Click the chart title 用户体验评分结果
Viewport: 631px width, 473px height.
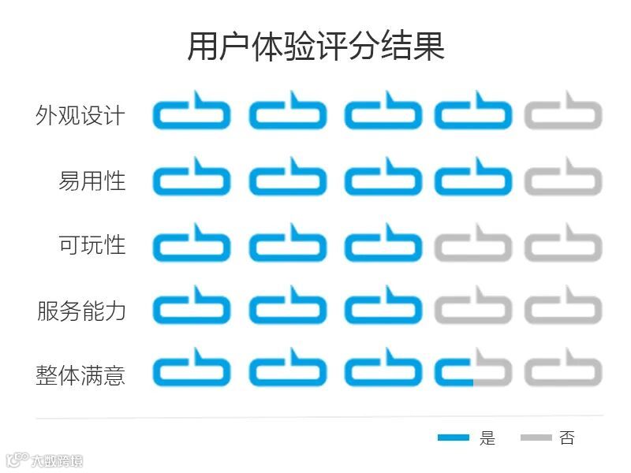315,47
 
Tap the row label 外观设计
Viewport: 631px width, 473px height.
80,115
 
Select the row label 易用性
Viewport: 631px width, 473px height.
91,181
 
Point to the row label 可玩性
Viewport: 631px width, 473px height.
91,244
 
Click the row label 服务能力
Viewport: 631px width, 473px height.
80,310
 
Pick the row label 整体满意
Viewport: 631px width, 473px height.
80,374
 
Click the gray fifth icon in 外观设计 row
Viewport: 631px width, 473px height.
563,112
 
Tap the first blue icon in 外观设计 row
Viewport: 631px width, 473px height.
192,112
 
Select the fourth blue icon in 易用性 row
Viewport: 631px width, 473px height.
473,177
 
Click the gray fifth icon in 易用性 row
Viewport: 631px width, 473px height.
563,177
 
